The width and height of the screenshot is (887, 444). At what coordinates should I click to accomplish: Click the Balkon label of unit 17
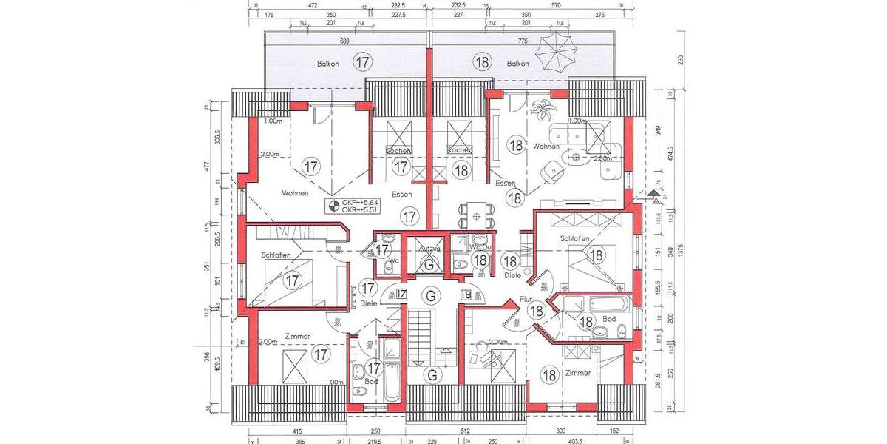pos(330,64)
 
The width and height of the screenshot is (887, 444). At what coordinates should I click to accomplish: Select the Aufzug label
pos(429,249)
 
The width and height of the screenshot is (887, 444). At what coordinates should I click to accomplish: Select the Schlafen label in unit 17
pos(276,255)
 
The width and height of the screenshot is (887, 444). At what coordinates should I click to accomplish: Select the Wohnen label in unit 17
pos(295,193)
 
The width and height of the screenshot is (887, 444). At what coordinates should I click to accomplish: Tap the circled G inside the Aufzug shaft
pos(429,263)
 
